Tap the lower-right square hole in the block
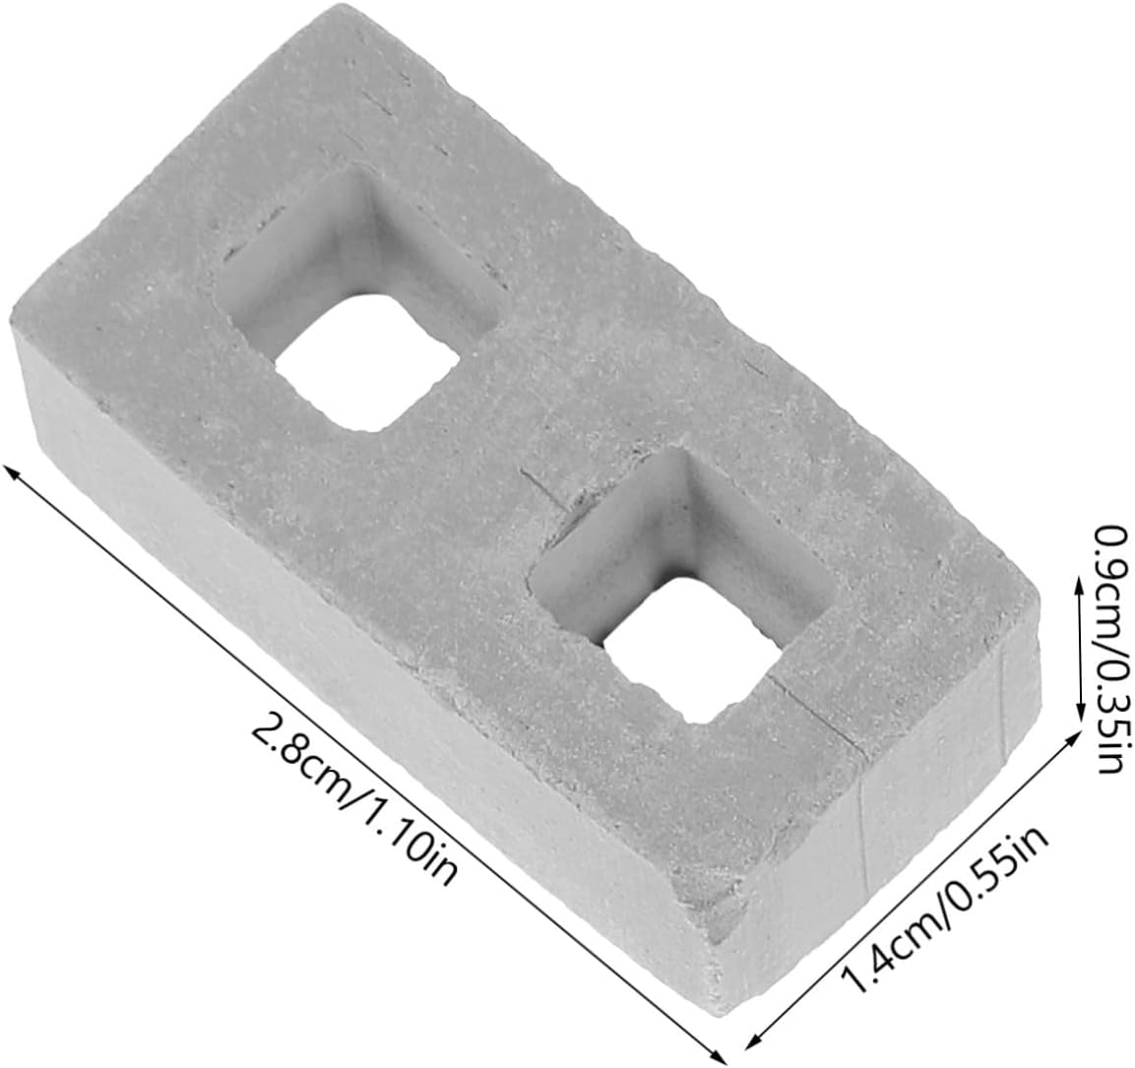pos(688,586)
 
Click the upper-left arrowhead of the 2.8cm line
pos(13,473)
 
